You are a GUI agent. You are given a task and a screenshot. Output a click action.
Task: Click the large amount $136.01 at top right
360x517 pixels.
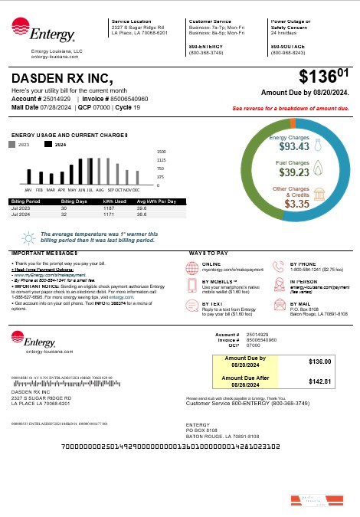(x=324, y=77)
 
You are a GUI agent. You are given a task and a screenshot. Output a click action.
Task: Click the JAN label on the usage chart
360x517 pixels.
(x=28, y=189)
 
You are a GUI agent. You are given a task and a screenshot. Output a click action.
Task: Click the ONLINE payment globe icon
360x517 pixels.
(x=192, y=267)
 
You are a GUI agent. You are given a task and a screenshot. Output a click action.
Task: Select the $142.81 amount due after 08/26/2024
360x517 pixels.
(x=319, y=381)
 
